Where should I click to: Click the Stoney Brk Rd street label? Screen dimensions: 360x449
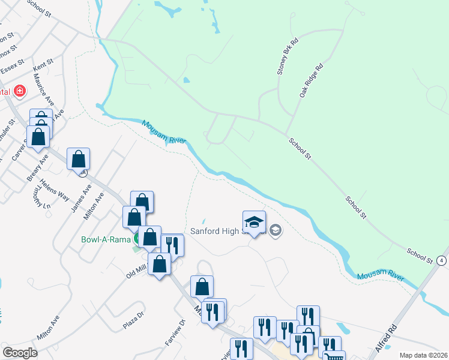pyautogui.click(x=283, y=59)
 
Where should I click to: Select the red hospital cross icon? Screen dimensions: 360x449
pyautogui.click(x=20, y=91)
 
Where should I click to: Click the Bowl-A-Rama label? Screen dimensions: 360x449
pyautogui.click(x=106, y=239)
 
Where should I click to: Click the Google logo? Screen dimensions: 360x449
pyautogui.click(x=20, y=353)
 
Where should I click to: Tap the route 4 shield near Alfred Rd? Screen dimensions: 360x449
pyautogui.click(x=442, y=260)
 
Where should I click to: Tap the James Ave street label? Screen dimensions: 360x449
pyautogui.click(x=82, y=196)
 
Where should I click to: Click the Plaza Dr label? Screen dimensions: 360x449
pyautogui.click(x=133, y=316)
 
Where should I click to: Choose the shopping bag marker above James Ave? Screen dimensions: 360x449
pyautogui.click(x=78, y=159)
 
